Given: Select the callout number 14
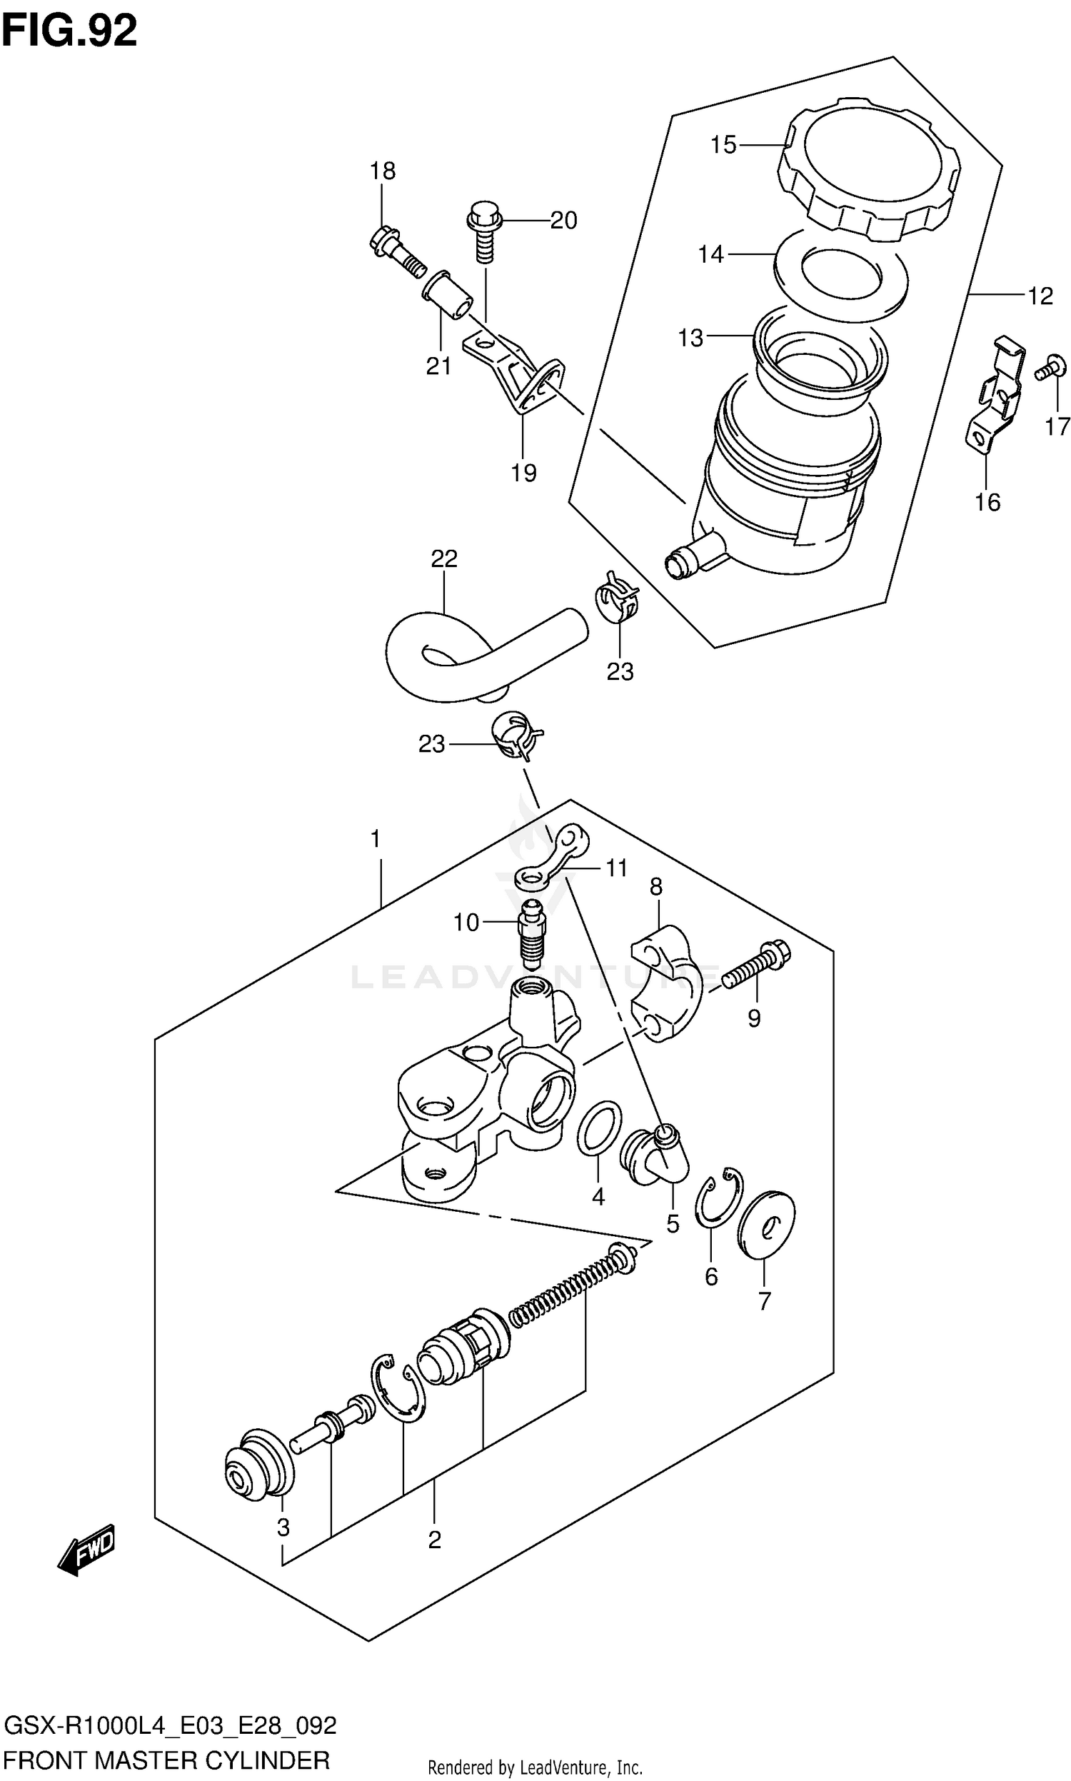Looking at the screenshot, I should (710, 254).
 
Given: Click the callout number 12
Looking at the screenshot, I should (1040, 296).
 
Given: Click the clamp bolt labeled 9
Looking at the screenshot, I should (756, 968).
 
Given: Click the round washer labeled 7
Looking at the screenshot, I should (765, 1225).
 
